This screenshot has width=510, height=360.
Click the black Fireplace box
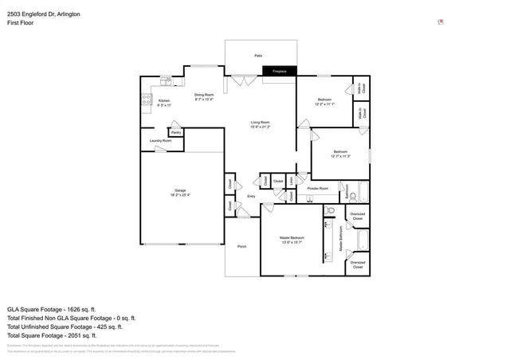279,72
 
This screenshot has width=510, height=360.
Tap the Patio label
258,56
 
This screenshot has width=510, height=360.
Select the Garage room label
180,190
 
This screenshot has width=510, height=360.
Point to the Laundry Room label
161,140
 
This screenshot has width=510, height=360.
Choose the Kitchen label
164,100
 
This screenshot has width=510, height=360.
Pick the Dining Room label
204,96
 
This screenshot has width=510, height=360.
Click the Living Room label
261,122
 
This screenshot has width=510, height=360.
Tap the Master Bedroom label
292,238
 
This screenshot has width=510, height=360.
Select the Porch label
242,246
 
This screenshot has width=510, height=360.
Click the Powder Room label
318,188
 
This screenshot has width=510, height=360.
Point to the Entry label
251,196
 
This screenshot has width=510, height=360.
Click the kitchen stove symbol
147,100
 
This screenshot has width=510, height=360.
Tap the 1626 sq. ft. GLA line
52,308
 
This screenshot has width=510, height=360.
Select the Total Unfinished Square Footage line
65,327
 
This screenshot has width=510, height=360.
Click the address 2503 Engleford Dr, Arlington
44,14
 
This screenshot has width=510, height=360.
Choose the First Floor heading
23,23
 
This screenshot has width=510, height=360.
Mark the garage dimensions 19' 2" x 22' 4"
180,195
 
